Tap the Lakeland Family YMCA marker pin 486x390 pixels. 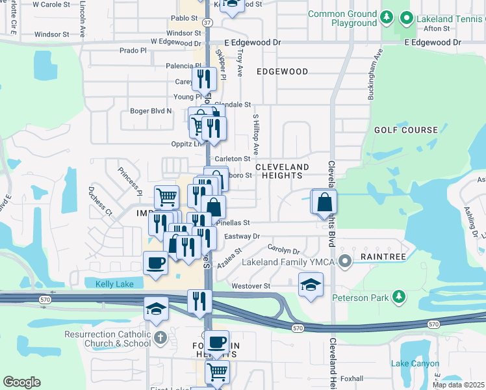345,263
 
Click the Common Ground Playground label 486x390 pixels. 342,19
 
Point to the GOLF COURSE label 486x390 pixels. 406,130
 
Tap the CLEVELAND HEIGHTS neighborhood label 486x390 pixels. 279,171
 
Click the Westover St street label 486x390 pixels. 251,286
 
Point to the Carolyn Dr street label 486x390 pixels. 283,250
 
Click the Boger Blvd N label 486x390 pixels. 151,111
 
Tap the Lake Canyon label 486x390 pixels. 415,364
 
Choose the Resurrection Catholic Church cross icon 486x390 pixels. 160,339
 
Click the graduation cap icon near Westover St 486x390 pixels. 311,284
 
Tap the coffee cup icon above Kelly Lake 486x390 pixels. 155,263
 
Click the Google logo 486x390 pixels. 22,382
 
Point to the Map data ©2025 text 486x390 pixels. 459,385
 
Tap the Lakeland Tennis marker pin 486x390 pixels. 407,18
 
